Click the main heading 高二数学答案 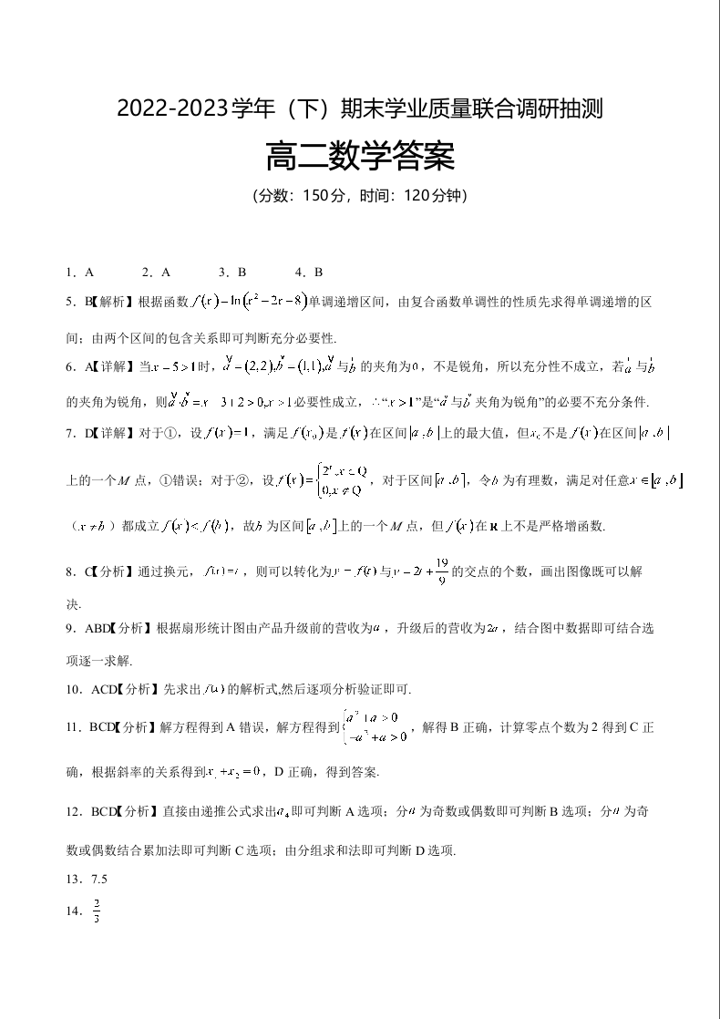coord(359,158)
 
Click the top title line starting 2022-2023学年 coord(359,110)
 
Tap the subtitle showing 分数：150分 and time coord(359,196)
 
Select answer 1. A coord(79,272)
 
